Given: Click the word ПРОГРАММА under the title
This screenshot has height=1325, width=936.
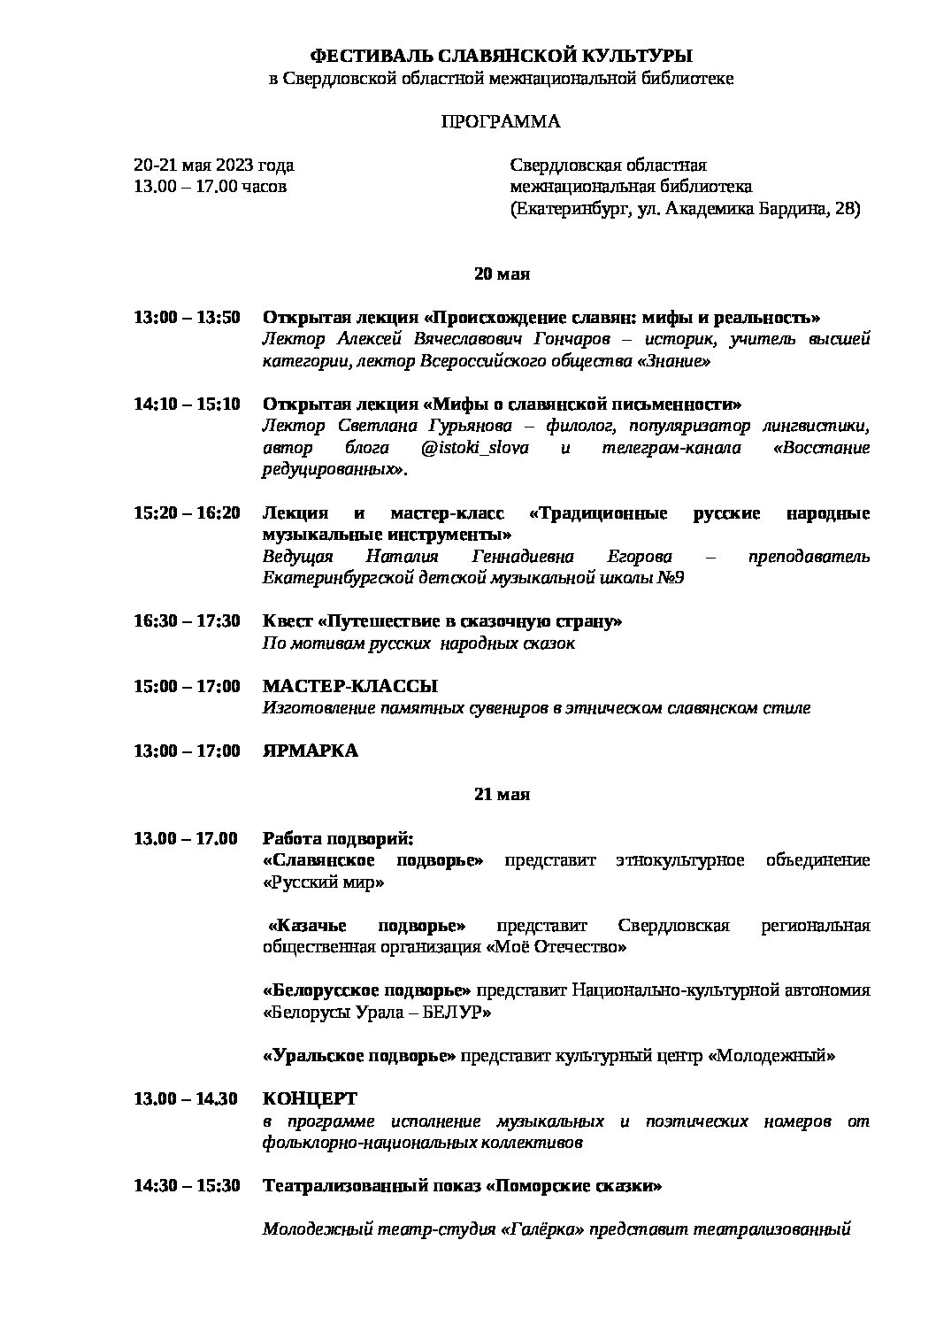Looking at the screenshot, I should tap(501, 122).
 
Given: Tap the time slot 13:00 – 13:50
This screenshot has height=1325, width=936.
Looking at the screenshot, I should tap(187, 318).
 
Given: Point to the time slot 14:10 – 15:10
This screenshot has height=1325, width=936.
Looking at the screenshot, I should tap(187, 404).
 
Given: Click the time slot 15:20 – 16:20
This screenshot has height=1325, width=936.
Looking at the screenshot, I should tap(187, 513).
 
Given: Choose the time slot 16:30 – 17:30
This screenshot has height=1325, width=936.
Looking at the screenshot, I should tap(187, 621).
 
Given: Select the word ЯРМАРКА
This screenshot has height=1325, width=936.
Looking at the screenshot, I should tap(311, 751).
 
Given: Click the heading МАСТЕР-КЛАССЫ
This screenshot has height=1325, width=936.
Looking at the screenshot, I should tap(350, 687).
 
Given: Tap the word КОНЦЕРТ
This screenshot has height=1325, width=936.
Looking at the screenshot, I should tap(310, 1099).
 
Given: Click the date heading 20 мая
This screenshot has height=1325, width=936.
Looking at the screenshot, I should tap(502, 274).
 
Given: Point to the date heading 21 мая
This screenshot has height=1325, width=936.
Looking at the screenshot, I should tap(502, 795).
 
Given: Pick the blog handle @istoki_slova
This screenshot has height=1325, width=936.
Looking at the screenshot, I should tap(475, 448).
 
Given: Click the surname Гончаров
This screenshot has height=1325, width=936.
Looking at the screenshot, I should tap(576, 340).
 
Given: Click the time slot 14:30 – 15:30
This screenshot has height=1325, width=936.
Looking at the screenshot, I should tap(187, 1186).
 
